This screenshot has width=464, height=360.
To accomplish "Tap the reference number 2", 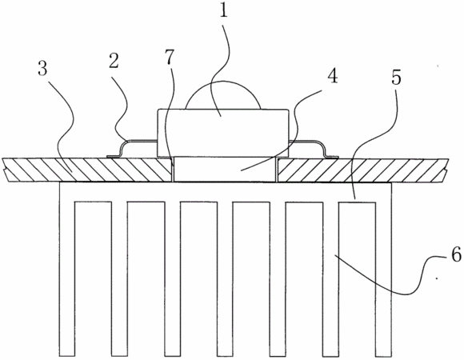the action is [x=114, y=61].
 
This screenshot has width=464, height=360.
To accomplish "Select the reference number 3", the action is [x=42, y=70].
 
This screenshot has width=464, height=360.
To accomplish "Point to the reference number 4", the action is [x=333, y=75].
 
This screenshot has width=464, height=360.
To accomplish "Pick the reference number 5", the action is [x=396, y=78].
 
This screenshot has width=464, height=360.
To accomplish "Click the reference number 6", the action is [x=456, y=254].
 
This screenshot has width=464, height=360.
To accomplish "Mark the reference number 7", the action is [x=170, y=57].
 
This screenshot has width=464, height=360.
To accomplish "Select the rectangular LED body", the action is [x=223, y=133].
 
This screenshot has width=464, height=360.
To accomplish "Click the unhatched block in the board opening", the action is [x=225, y=170].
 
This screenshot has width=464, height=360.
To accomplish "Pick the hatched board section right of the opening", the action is [x=361, y=170].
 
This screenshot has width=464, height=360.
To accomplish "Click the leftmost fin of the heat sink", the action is [x=67, y=269].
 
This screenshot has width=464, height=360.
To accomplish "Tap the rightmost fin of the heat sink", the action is [x=384, y=269].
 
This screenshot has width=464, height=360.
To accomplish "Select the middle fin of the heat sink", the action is [x=225, y=278].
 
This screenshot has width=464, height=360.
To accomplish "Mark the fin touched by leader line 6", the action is [x=331, y=278].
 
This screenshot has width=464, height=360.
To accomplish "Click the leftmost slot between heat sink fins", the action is [x=94, y=278].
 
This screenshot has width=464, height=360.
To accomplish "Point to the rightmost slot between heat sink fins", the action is [x=357, y=278].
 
